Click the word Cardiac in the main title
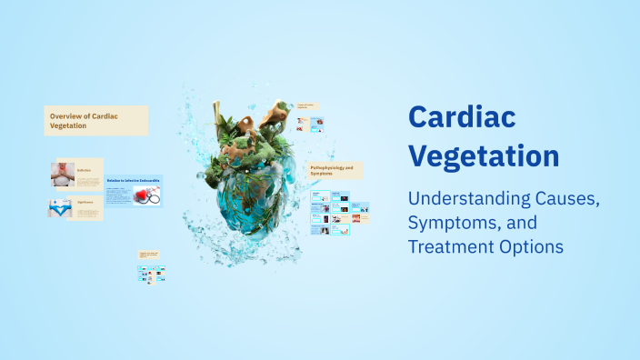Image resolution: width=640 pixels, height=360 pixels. (x=462, y=117)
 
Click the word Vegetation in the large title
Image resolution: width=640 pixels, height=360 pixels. (x=484, y=155)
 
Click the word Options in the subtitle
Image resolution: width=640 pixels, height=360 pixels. (x=531, y=246)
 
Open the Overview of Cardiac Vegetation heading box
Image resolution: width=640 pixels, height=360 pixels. (x=95, y=121)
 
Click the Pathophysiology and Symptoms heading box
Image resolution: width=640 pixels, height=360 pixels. (x=335, y=170)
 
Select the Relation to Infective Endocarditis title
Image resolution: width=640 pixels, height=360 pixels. (x=133, y=180)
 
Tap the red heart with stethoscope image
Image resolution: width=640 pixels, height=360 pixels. (x=146, y=195)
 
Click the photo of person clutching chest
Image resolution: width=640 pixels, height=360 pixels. (x=62, y=174)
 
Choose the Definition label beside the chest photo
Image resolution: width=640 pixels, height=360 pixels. (x=85, y=170)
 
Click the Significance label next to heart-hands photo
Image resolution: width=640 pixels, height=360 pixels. (x=86, y=203)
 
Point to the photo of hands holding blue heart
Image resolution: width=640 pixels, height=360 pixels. (x=61, y=208)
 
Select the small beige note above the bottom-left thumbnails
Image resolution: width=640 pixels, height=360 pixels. (x=149, y=255)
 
